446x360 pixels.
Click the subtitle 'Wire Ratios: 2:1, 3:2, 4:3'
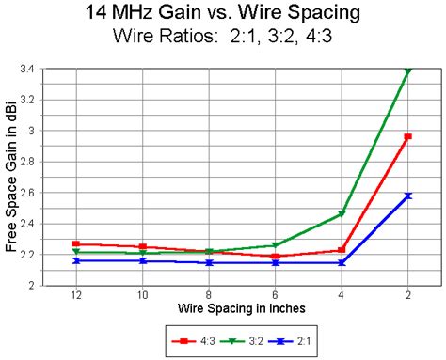(x=223, y=39)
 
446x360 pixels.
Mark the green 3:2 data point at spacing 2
(x=407, y=70)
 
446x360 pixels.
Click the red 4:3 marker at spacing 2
(x=407, y=137)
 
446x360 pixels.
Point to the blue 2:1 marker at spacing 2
(x=407, y=196)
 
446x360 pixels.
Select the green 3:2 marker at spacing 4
(x=342, y=214)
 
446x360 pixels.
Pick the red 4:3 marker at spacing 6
(x=275, y=256)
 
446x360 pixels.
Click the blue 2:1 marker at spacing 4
(x=342, y=262)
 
